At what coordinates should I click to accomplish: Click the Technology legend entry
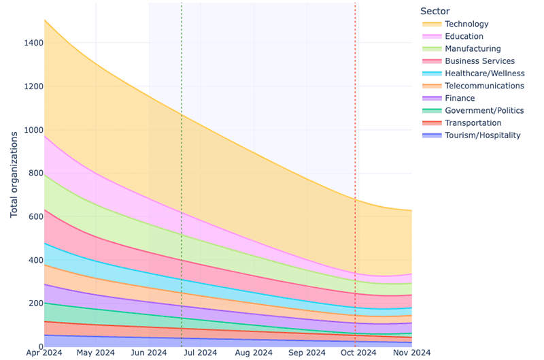466,24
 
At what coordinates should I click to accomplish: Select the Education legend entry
464,37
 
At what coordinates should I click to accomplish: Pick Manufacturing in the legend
473,49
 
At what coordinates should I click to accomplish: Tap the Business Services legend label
479,61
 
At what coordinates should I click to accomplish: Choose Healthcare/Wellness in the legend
484,73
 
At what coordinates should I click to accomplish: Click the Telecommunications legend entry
484,86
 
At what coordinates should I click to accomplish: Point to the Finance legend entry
460,98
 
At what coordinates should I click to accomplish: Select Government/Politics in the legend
484,110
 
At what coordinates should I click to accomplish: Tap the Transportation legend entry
473,122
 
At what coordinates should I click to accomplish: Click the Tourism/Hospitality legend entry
482,135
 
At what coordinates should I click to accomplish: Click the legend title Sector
435,11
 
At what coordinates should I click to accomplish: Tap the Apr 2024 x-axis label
44,353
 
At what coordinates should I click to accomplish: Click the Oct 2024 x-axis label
358,353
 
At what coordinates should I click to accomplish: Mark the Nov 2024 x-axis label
411,353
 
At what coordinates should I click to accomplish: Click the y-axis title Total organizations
14,174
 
